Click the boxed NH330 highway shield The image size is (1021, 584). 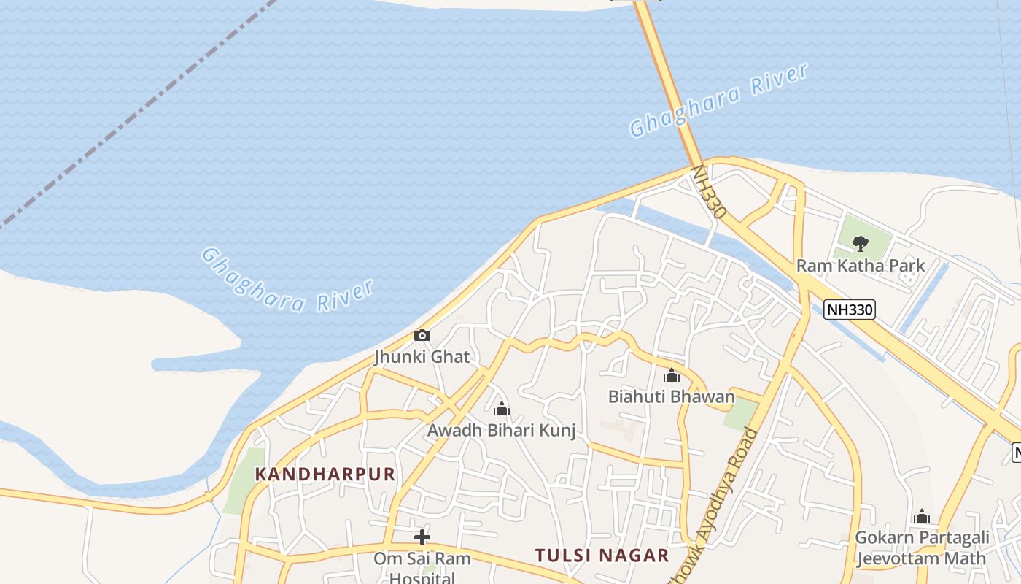pyautogui.click(x=850, y=310)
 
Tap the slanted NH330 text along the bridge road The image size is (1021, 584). pyautogui.click(x=708, y=192)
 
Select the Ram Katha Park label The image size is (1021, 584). pyautogui.click(x=861, y=266)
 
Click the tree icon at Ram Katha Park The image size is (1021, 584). pyautogui.click(x=861, y=243)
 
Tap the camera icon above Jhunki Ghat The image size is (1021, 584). pyautogui.click(x=422, y=336)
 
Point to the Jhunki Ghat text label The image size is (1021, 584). pyautogui.click(x=422, y=357)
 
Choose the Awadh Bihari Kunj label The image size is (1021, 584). pyautogui.click(x=501, y=430)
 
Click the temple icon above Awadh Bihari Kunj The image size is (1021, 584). pyautogui.click(x=501, y=409)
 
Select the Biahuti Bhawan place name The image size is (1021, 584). pyautogui.click(x=672, y=396)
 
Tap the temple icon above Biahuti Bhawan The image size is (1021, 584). pyautogui.click(x=672, y=376)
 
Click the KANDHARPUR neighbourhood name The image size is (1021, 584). pyautogui.click(x=325, y=474)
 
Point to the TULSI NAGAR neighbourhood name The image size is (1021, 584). pyautogui.click(x=602, y=556)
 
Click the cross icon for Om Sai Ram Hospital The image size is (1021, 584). pyautogui.click(x=422, y=538)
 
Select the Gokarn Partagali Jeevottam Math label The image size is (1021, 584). pyautogui.click(x=922, y=548)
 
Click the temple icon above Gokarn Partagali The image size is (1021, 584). pyautogui.click(x=922, y=517)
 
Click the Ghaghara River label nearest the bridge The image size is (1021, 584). pyautogui.click(x=718, y=100)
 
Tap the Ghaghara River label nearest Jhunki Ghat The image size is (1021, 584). pyautogui.click(x=287, y=281)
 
